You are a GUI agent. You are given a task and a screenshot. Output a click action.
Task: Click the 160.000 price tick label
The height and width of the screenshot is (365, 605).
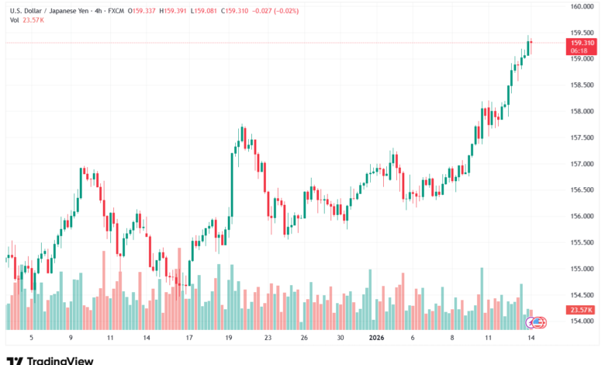582,6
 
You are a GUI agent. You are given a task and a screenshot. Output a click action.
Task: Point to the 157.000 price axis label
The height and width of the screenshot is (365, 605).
582,164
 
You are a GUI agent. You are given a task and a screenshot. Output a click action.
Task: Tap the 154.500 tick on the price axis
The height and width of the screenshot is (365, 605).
582,295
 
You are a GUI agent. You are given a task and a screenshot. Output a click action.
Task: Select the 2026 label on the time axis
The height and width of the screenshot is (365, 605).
377,338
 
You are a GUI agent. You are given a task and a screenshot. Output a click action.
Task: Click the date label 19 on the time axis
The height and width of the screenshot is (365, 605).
229,338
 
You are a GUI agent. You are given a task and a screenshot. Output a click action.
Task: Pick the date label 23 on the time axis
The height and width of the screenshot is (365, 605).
267,338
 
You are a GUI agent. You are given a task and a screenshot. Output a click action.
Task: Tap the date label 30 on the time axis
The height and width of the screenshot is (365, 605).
341,338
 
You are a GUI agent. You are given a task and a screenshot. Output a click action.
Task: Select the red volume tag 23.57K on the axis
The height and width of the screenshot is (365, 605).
581,310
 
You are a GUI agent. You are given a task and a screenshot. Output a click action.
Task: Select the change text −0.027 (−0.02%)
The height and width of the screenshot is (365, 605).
275,12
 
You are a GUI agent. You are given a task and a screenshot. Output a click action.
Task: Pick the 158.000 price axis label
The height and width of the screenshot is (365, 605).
582,111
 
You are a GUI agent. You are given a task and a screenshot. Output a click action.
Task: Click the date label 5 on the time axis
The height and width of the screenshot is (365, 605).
30,338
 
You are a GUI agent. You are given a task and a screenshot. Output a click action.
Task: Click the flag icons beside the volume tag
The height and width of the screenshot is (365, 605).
538,322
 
